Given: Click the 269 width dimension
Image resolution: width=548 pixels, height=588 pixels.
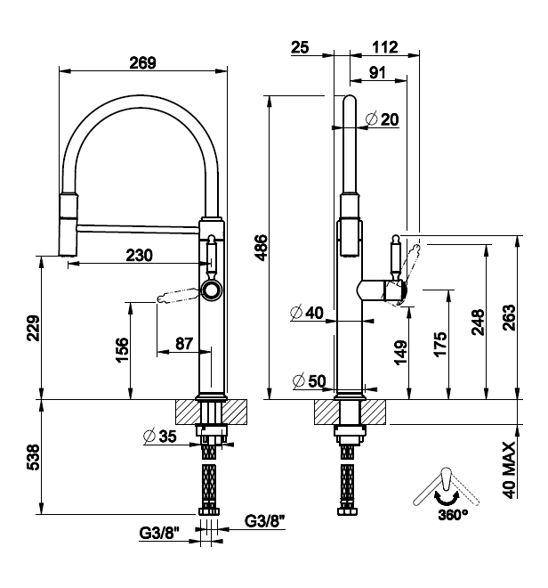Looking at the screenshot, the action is coord(142,62).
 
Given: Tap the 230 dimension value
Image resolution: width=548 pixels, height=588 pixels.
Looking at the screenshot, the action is coord(140,256).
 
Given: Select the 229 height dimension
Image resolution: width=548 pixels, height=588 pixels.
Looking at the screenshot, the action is coord(34,328).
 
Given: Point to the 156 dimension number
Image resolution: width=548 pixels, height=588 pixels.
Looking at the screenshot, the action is coord(122,350).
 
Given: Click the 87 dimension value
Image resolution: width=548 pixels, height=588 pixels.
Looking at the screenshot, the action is coord(184,344).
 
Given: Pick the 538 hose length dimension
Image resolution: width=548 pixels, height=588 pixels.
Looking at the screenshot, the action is coord(33,457).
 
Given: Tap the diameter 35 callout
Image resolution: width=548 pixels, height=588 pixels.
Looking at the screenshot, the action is coord(160,437).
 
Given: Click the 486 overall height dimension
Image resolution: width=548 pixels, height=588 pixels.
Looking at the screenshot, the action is coord(261,248).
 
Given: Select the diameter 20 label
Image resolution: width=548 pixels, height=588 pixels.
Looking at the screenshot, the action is coord(382,119).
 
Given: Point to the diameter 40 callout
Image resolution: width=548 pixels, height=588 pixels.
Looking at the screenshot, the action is coord(307,313).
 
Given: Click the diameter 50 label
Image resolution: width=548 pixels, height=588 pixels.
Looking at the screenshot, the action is coord(310,381).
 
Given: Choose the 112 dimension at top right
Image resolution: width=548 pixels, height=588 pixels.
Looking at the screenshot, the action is coord(385,47).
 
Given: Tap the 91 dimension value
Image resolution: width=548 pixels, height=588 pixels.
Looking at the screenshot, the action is coord(377,72).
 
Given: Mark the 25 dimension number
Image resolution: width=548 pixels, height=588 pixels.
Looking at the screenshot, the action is coord(300,47).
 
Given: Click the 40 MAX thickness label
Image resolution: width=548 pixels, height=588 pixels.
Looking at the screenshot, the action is coord(509,470).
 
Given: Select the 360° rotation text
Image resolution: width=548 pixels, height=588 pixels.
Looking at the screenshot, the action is coord(453,515).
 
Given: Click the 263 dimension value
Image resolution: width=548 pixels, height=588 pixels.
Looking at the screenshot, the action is coord(509,318).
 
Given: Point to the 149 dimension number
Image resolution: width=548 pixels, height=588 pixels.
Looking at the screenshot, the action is coord(401,352).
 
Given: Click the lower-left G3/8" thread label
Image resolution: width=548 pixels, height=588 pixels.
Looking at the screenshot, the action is coord(159,533).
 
